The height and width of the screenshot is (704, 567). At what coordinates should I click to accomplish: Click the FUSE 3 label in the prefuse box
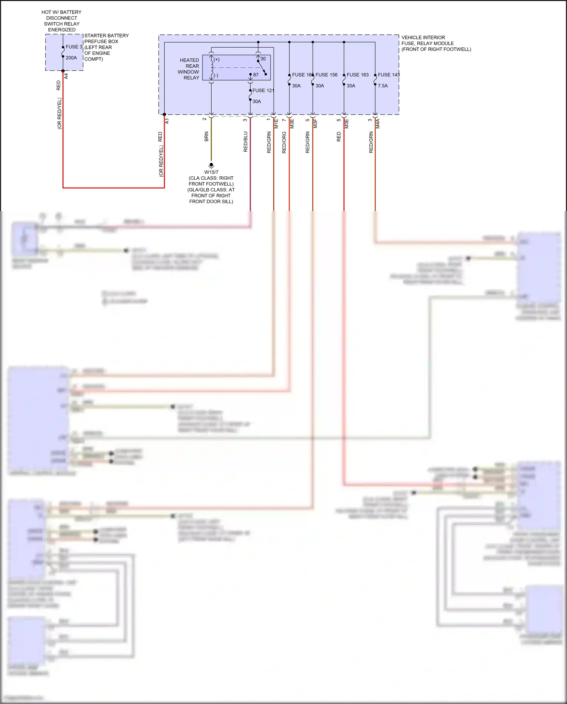click(x=74, y=47)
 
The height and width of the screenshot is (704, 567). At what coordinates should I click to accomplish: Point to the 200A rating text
click(x=71, y=58)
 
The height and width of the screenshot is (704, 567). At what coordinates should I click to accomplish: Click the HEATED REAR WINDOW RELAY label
click(x=189, y=69)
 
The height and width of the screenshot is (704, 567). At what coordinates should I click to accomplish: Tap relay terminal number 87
click(x=256, y=75)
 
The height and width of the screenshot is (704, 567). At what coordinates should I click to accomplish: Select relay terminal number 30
click(x=263, y=59)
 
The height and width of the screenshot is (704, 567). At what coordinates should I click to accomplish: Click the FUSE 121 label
click(x=263, y=90)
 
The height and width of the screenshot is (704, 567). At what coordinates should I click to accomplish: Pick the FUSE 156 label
click(x=326, y=75)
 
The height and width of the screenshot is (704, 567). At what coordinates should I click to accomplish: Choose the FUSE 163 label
click(x=357, y=75)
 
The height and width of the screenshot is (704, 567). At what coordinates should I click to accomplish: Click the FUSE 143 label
click(x=389, y=75)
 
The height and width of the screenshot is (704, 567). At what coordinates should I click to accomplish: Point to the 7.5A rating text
click(x=383, y=86)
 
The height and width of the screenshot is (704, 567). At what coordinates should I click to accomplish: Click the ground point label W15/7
click(x=211, y=172)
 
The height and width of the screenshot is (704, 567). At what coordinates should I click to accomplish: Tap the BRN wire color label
click(x=206, y=137)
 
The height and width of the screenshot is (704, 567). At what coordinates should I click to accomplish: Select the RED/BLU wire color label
click(x=246, y=142)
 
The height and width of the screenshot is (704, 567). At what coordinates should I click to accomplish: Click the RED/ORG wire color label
click(x=284, y=142)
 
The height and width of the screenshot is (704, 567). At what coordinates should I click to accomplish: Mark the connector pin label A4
click(x=66, y=76)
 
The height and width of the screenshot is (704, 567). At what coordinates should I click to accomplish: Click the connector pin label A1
click(x=167, y=121)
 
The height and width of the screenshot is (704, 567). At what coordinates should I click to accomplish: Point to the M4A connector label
click(x=378, y=123)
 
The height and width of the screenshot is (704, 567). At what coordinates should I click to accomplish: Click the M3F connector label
click(x=315, y=123)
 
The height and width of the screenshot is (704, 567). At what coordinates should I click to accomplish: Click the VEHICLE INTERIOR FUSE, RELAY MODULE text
click(x=436, y=43)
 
